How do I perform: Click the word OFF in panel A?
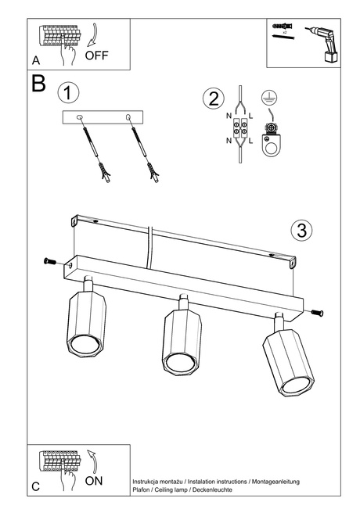tap(98, 56)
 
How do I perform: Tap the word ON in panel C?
tap(94, 482)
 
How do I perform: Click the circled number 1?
tap(69, 93)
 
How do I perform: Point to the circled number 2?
tap(211, 99)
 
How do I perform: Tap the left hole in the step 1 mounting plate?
tap(81, 117)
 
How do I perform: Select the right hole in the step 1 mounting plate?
tap(128, 117)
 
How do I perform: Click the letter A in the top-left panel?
tap(36, 59)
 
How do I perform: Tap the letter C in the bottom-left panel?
tap(36, 486)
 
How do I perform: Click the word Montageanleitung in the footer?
tap(268, 482)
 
